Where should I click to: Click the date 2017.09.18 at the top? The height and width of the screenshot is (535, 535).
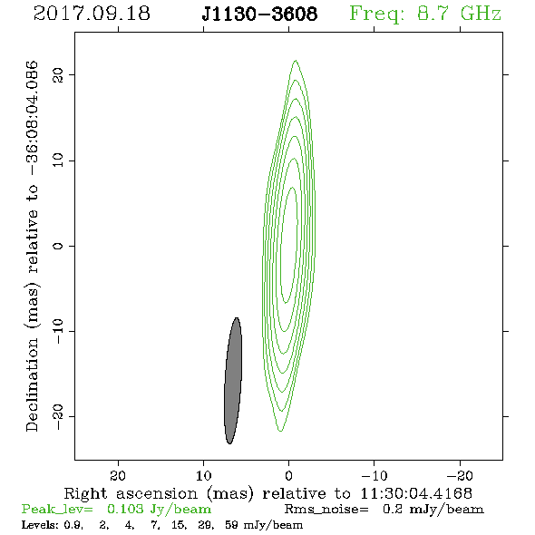(92, 14)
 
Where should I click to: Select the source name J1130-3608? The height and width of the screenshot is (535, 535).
(259, 15)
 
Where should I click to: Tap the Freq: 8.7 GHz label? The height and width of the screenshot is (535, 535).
(425, 15)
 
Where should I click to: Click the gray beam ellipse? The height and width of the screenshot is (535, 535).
(233, 381)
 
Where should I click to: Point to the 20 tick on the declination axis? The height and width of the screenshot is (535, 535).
(58, 74)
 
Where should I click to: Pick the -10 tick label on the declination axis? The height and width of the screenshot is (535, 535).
(58, 331)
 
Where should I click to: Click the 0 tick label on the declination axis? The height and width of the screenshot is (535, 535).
(58, 246)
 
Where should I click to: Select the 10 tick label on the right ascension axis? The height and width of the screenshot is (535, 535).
(204, 475)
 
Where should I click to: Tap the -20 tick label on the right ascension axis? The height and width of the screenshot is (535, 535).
(460, 475)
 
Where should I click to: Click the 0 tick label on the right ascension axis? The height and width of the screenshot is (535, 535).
(288, 475)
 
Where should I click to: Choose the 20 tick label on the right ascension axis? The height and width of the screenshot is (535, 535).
(118, 475)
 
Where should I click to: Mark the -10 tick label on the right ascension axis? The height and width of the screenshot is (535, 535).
(374, 475)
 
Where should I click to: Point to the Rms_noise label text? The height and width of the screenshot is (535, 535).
(326, 510)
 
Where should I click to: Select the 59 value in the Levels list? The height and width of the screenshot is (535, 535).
(231, 524)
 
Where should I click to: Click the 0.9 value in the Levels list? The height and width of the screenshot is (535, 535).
(73, 525)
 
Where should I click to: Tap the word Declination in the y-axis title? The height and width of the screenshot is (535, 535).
(32, 385)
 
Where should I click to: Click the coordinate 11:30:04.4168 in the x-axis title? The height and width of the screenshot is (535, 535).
(416, 493)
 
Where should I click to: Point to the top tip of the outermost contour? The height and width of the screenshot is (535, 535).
(296, 61)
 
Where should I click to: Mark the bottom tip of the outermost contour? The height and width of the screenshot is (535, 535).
(280, 432)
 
